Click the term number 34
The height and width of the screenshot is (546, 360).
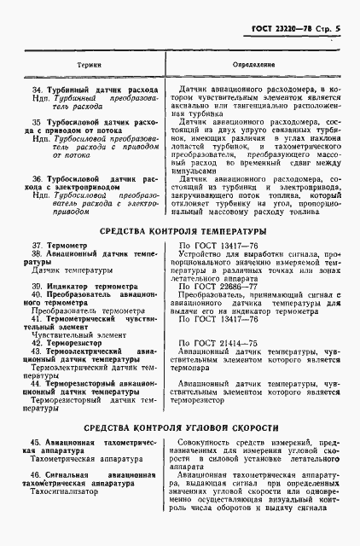coord(37,89)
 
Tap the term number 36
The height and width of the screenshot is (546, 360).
coord(37,177)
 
